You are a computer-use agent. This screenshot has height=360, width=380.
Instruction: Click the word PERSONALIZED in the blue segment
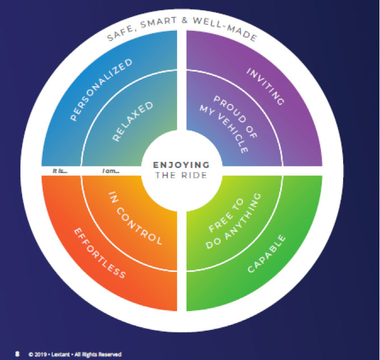[x=100, y=90]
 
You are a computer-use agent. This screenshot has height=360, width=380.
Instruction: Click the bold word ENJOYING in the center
[x=181, y=165]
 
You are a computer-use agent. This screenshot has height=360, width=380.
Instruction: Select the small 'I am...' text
[x=110, y=170]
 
